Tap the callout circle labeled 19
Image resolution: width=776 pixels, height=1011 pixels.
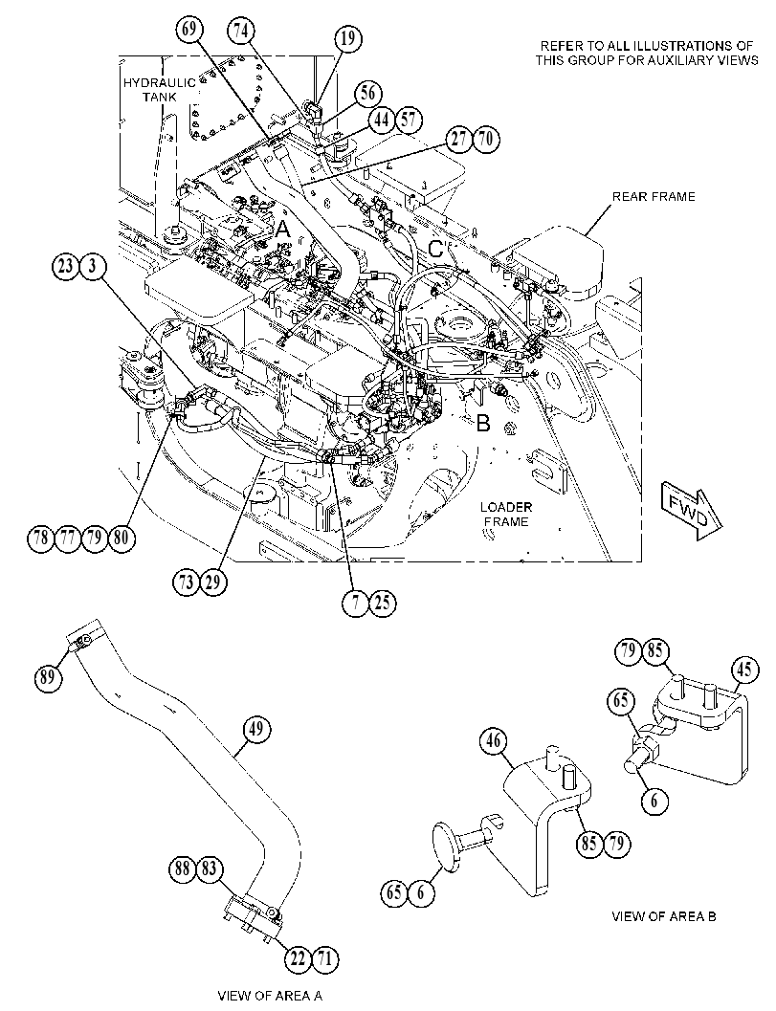click(347, 38)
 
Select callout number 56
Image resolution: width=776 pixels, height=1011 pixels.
click(367, 93)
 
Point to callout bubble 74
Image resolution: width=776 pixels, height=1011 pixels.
click(241, 31)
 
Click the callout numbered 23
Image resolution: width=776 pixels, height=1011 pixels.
click(66, 266)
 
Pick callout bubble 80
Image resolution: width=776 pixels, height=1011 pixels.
click(122, 537)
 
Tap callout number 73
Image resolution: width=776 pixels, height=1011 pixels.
click(187, 582)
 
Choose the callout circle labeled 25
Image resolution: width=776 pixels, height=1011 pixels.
click(382, 603)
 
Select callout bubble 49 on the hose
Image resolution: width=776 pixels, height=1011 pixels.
click(256, 730)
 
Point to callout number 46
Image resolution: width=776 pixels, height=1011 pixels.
click(494, 743)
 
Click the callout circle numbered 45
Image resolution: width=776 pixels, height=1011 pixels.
click(743, 670)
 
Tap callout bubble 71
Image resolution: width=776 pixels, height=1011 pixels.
click(324, 958)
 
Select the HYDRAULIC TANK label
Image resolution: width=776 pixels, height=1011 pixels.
click(150, 90)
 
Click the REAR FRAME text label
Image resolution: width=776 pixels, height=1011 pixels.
click(654, 196)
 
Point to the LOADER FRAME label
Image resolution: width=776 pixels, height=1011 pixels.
click(506, 514)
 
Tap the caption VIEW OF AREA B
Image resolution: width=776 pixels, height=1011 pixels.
click(664, 915)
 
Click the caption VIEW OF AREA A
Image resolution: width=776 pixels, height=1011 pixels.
click(270, 996)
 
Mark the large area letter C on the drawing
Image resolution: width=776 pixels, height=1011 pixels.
click(436, 250)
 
